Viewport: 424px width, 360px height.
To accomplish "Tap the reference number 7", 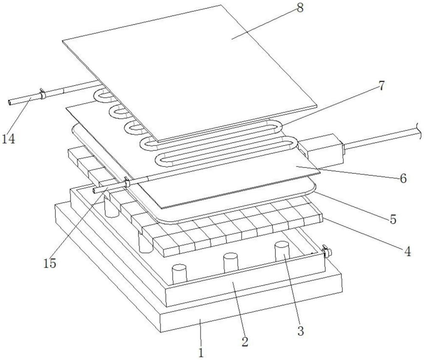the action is (381, 86).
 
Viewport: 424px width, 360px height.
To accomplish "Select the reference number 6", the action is (403, 178).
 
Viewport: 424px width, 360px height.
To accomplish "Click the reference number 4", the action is (407, 252).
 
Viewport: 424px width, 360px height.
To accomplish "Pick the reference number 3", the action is (301, 331).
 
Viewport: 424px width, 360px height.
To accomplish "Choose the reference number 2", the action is (245, 342).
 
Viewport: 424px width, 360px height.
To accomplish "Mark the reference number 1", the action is (201, 353).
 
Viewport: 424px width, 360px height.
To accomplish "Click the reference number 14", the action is (8, 139).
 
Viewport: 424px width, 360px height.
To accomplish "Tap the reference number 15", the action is (50, 263).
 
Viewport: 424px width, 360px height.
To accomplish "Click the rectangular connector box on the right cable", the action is (321, 150).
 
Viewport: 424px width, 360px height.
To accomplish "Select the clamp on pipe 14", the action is (42, 94).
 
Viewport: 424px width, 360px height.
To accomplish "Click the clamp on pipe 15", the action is (126, 182).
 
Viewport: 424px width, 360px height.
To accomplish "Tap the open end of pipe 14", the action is (10, 103).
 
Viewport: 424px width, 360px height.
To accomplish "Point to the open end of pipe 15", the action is (94, 191).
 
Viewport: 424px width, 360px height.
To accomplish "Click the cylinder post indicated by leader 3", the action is (282, 252).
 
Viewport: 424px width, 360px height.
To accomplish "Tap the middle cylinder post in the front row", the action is (231, 263).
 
